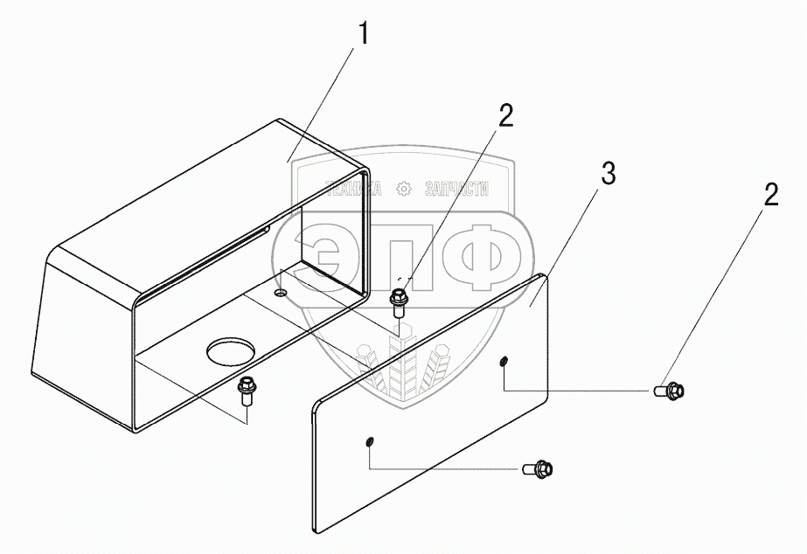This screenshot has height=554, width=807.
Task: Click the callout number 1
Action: (x=364, y=34)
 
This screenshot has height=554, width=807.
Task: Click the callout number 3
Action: (x=609, y=174)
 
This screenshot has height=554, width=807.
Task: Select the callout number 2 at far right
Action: (x=770, y=195)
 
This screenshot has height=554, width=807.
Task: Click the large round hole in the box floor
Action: (x=231, y=350)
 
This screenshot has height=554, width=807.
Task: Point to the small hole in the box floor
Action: (x=281, y=293)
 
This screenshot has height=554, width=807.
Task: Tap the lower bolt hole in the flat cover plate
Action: (x=370, y=442)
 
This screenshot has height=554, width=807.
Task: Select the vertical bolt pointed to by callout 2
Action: (x=398, y=303)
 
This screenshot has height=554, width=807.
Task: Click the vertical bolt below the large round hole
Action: (x=247, y=391)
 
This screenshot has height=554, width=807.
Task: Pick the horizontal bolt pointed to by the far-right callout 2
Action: (x=669, y=391)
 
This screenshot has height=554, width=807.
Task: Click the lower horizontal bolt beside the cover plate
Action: (x=538, y=468)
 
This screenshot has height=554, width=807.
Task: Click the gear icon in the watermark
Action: (x=404, y=190)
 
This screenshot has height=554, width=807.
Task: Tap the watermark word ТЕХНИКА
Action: (x=354, y=190)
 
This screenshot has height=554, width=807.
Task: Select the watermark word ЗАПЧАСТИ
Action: (x=457, y=190)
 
